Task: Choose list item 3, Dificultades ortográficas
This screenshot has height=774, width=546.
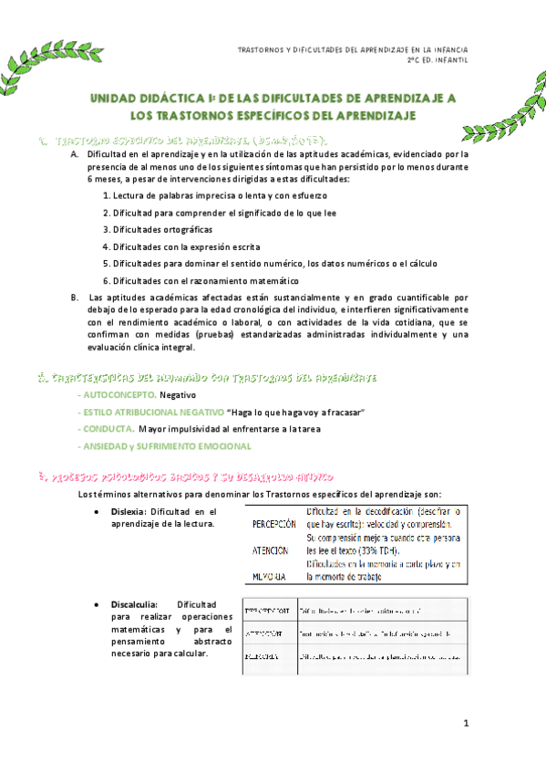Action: tap(159, 229)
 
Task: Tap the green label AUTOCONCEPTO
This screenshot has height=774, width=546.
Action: tap(118, 395)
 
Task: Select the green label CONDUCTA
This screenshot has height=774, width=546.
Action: tap(108, 430)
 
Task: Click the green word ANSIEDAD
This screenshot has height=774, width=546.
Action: tap(108, 446)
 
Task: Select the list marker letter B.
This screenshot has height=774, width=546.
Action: tap(75, 298)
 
